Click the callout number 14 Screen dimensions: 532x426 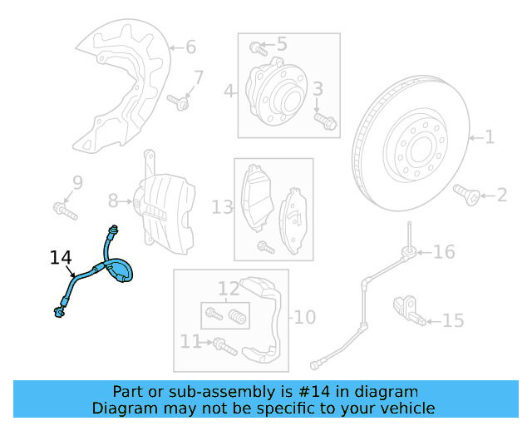coord(61,258)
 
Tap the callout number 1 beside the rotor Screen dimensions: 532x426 coord(490,136)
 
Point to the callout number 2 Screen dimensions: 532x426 coord(501,196)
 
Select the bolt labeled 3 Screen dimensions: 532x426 coord(325,122)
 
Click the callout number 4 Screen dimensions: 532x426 coord(229,91)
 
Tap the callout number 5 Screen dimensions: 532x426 coord(281,44)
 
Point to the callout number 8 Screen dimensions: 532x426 coord(114,200)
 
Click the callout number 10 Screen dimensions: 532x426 coord(305,317)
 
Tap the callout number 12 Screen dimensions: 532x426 coord(229,290)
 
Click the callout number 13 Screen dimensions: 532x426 coord(222,206)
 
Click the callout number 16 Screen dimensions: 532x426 coord(445,251)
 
